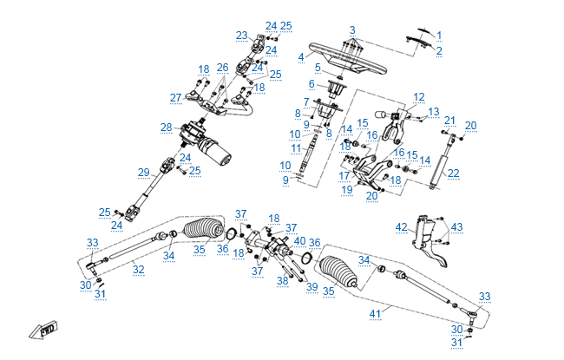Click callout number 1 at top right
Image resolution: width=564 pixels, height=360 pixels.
coord(439,36)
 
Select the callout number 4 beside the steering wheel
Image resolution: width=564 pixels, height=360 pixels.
coord(301,57)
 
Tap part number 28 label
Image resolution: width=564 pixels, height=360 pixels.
coord(167,128)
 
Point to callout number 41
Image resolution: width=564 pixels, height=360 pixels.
coord(376,312)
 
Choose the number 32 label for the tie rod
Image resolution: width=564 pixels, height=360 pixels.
coord(138,270)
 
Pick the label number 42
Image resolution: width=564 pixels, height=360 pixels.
coord(401,227)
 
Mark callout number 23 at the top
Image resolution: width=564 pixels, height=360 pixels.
coord(241,36)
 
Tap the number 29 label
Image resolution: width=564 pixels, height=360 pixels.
coord(144,172)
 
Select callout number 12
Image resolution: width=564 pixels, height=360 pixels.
coord(419,96)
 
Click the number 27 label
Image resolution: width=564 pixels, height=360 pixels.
coord(176,97)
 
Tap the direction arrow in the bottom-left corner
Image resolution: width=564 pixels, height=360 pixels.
coord(43,331)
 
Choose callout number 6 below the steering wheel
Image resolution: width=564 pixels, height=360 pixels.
coord(312,84)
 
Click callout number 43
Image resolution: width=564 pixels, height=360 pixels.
coord(456,227)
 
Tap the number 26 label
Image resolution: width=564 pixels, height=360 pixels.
coord(223,68)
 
